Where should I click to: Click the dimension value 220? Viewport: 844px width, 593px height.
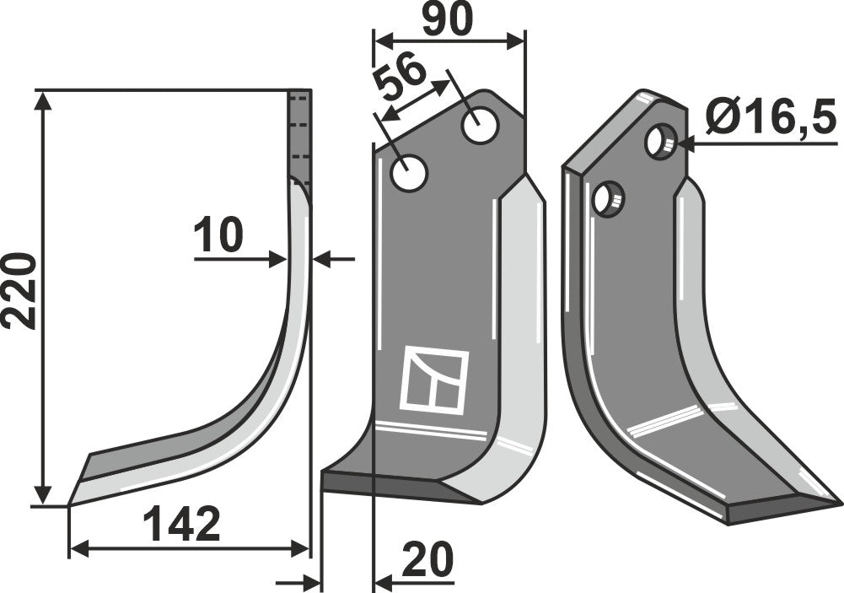[x=19, y=289]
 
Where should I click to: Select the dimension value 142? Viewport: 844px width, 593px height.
[x=180, y=525]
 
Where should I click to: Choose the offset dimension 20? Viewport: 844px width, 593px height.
[x=427, y=559]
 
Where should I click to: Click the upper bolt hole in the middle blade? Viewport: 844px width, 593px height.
[x=481, y=127]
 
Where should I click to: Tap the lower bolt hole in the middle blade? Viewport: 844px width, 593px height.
[x=411, y=175]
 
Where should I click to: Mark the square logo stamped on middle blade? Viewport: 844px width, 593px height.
[x=435, y=380]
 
